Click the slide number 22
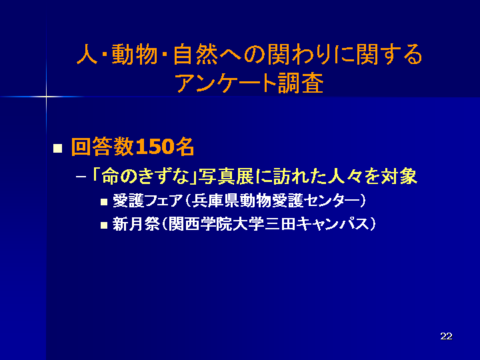tap(446, 336)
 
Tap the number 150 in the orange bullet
tap(155, 147)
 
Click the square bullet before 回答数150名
tap(57, 148)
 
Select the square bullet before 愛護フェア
tap(104, 202)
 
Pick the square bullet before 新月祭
tap(104, 225)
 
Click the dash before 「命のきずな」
tap(81, 177)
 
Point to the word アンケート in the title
tap(226, 83)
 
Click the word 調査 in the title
tap(300, 83)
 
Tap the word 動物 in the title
tap(134, 55)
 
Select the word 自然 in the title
tap(195, 55)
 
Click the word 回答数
tap(103, 147)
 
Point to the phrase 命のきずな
tap(145, 177)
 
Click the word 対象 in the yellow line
tap(399, 177)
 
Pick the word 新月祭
tap(136, 224)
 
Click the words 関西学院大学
tap(216, 224)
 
